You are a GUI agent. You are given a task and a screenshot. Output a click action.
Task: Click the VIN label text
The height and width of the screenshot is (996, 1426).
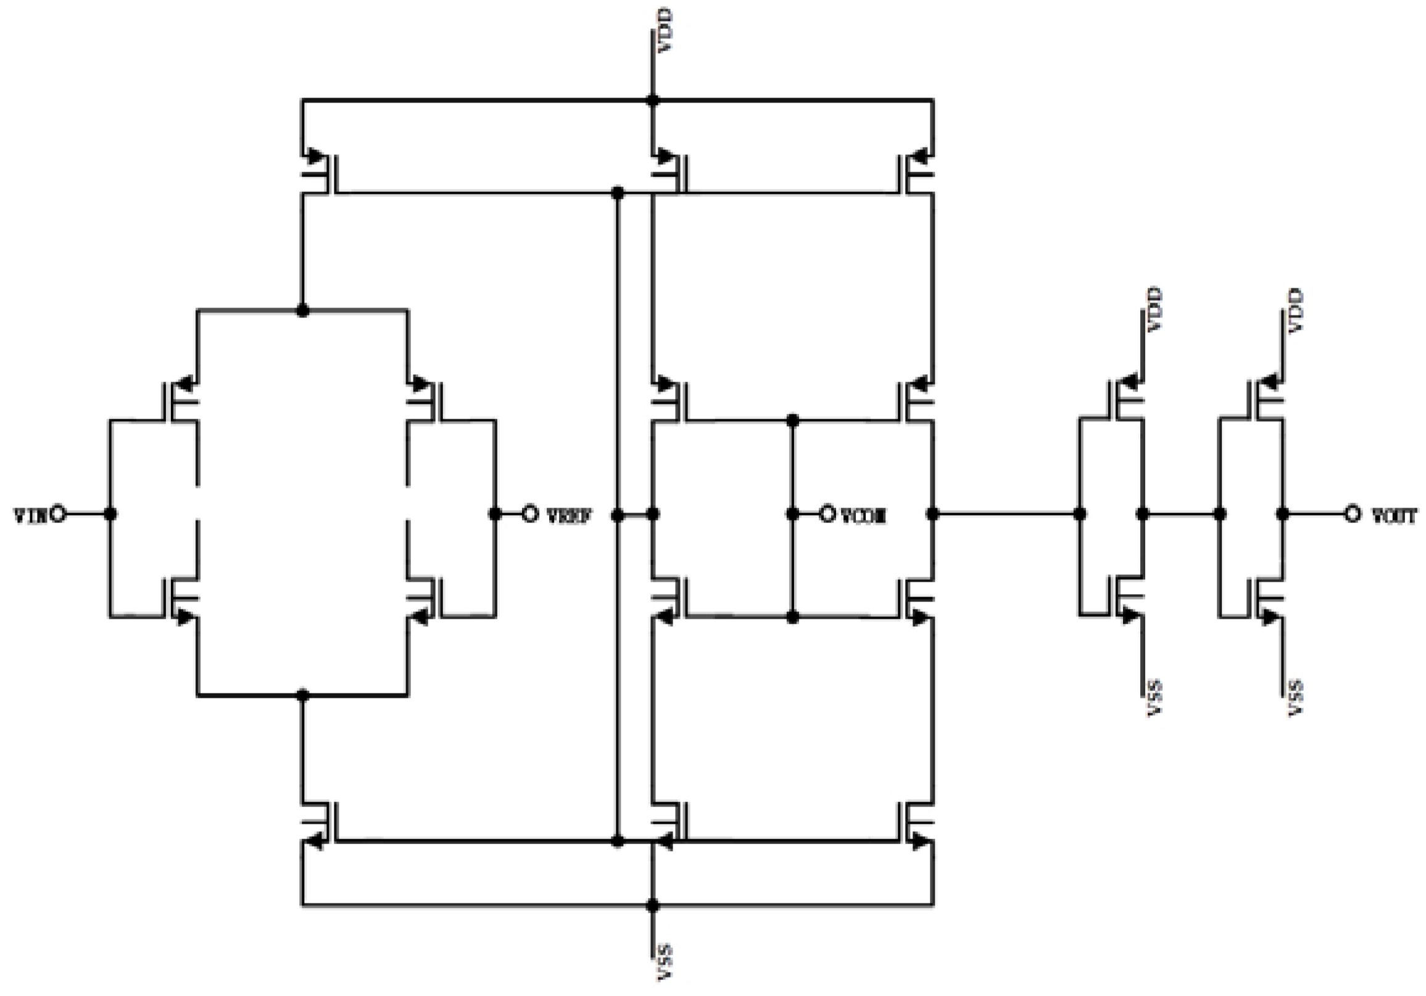tap(28, 515)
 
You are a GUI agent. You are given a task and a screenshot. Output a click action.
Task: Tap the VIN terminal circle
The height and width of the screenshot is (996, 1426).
tap(59, 514)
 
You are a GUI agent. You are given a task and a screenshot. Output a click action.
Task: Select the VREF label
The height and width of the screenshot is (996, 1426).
tap(569, 515)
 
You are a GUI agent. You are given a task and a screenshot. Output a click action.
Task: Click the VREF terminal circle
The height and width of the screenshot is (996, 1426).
tap(530, 514)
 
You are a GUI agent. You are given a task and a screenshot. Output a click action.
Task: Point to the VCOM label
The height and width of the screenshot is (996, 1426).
tap(863, 515)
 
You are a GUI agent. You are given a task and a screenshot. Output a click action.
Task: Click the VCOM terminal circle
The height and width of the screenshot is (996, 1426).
tap(827, 514)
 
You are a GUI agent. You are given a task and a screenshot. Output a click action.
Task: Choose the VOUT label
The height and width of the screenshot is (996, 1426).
tap(1395, 515)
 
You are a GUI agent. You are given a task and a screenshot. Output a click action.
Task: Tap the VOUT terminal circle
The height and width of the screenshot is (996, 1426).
tap(1353, 514)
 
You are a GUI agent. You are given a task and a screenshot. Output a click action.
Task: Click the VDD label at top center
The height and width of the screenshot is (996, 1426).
tap(665, 30)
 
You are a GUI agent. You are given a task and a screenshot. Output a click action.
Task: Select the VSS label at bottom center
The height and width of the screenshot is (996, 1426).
tap(665, 963)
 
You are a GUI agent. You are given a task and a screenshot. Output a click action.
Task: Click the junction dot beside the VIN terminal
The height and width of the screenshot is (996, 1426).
tap(110, 514)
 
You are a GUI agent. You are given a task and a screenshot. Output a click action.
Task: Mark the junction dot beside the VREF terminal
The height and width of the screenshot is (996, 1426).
tap(495, 514)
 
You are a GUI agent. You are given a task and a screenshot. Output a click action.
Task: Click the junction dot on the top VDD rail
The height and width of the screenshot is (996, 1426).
tap(652, 100)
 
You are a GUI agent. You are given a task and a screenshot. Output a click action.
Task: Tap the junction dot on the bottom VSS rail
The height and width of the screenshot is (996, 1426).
tap(652, 905)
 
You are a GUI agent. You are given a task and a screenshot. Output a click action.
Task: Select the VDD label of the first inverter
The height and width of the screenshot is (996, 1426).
tap(1155, 309)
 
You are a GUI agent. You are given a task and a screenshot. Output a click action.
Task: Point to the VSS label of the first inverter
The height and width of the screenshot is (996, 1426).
tap(1155, 698)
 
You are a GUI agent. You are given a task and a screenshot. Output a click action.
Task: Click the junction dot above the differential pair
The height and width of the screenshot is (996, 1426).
tap(302, 310)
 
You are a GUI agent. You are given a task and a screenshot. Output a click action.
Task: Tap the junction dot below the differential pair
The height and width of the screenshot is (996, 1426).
tap(302, 695)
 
